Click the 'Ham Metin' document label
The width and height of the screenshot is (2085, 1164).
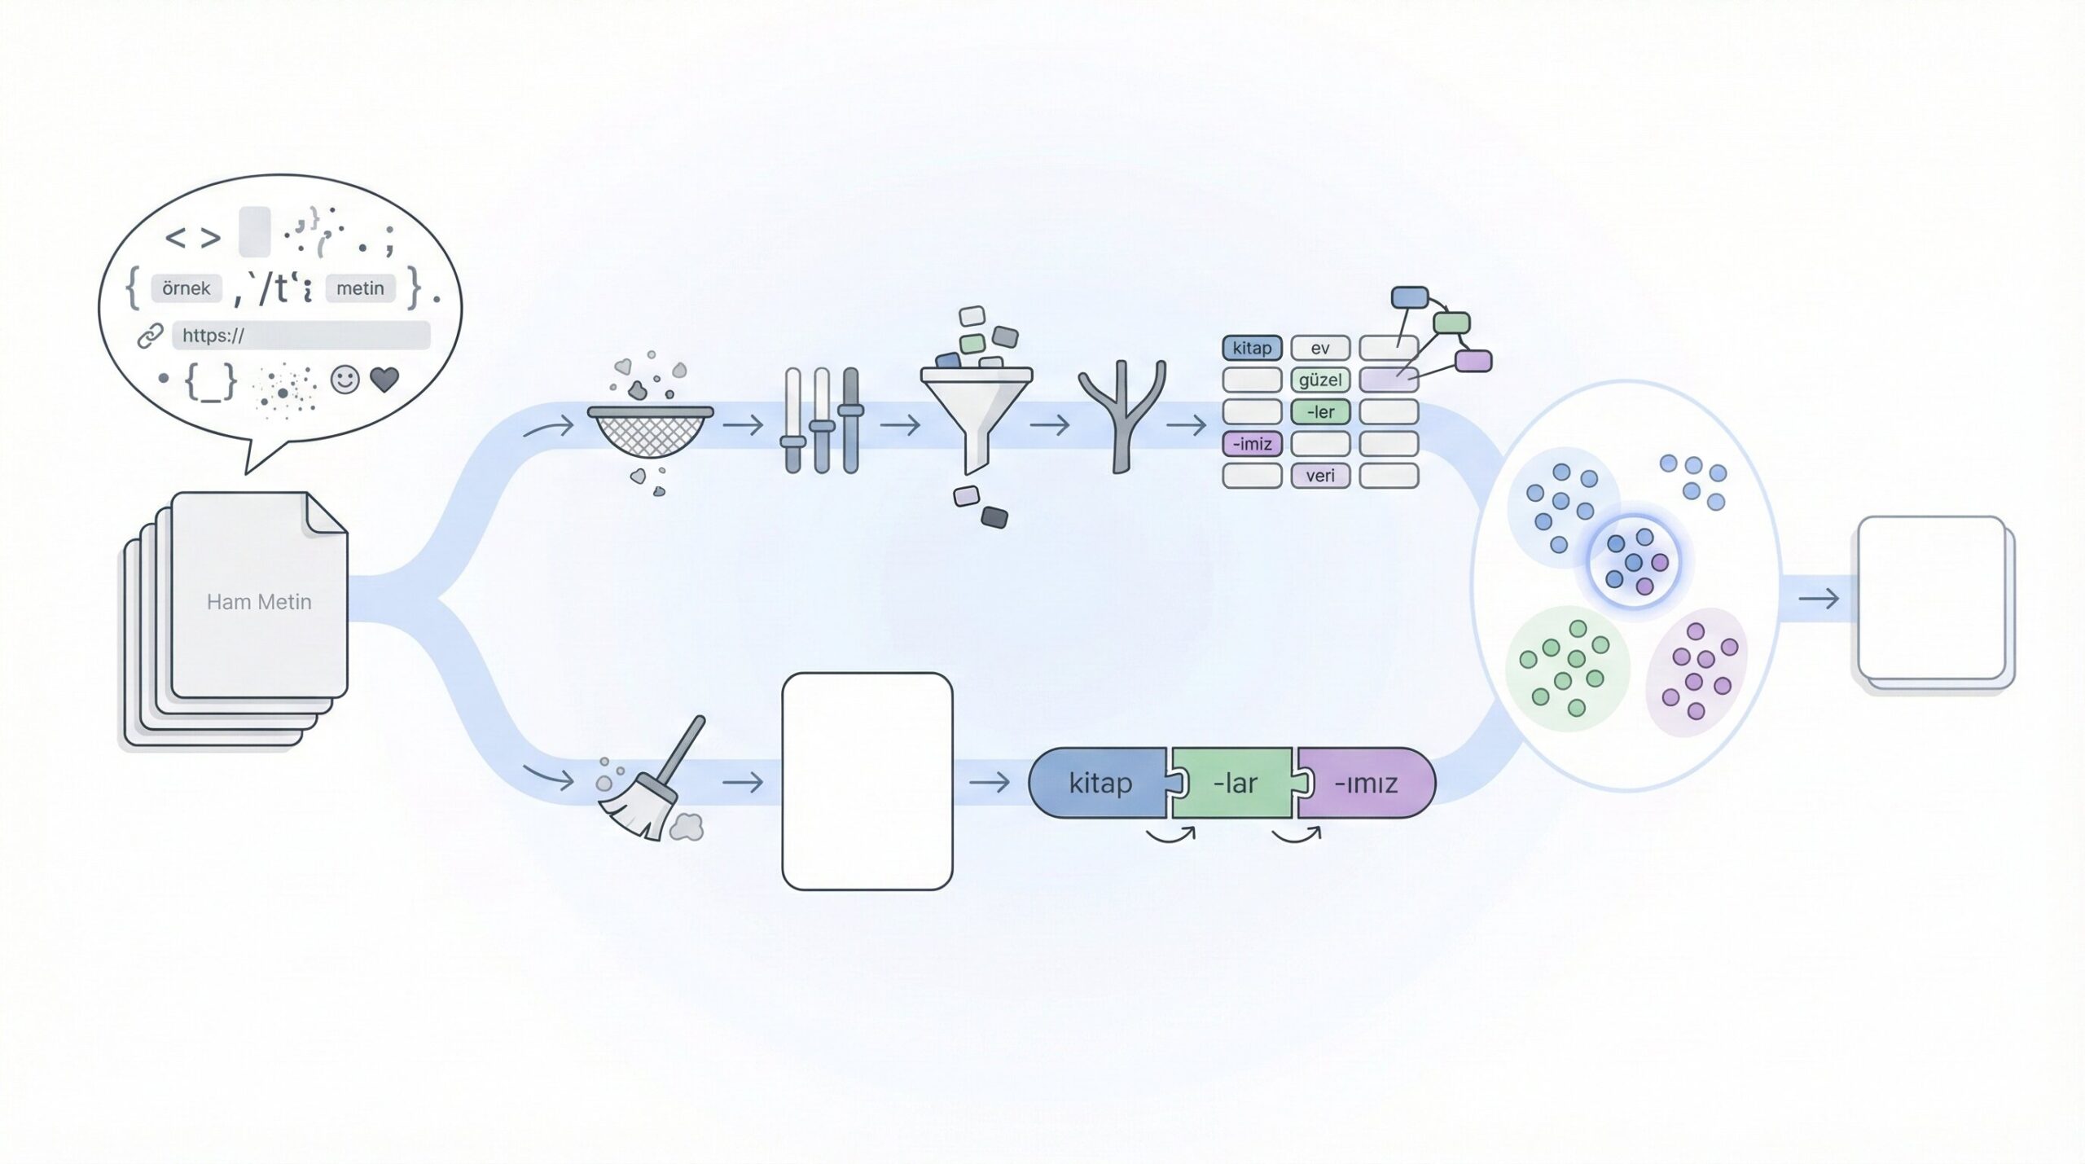pos(259,602)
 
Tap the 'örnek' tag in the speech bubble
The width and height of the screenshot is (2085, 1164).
pos(187,288)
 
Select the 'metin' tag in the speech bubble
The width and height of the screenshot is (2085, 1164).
pos(360,288)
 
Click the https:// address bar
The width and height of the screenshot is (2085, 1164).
pos(301,335)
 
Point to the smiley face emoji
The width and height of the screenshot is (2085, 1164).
pos(345,380)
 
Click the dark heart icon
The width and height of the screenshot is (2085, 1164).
pos(384,380)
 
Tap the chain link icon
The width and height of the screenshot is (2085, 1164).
pos(150,336)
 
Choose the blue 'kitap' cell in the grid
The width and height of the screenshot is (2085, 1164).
pos(1252,348)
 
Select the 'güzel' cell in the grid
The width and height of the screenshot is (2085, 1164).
pos(1320,380)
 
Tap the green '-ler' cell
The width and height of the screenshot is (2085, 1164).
pos(1320,412)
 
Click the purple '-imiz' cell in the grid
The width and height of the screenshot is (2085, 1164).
pos(1252,444)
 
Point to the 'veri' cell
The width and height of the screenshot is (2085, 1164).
pos(1320,476)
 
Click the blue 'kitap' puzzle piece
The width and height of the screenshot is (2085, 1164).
pos(1100,783)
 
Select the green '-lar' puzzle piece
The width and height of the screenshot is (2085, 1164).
pos(1235,783)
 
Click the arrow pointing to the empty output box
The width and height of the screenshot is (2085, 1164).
pos(1818,600)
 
